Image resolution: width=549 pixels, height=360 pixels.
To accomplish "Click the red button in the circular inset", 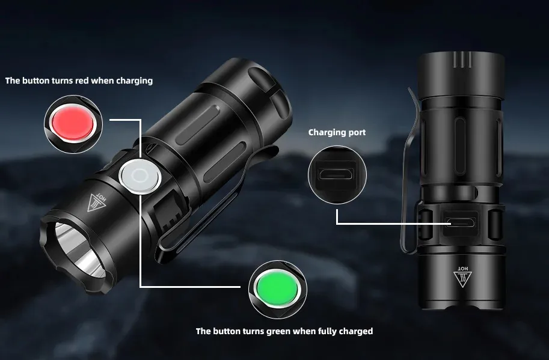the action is pyautogui.click(x=73, y=123).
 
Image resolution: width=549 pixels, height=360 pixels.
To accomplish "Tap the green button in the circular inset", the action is pyautogui.click(x=277, y=289).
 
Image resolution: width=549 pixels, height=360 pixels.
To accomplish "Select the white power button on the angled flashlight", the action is pyautogui.click(x=140, y=176).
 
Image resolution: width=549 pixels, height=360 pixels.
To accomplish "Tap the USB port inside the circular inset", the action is pyautogui.click(x=337, y=174).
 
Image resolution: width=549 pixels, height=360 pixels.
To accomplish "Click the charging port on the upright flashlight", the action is pyautogui.click(x=460, y=222).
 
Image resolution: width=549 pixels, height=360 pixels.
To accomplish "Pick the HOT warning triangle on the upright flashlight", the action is pyautogui.click(x=462, y=276).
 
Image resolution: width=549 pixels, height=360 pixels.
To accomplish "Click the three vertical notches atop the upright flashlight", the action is pyautogui.click(x=462, y=60).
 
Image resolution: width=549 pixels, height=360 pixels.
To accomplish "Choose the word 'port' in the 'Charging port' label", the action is pyautogui.click(x=357, y=133).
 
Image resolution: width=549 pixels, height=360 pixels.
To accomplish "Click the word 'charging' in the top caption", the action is pyautogui.click(x=135, y=81).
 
